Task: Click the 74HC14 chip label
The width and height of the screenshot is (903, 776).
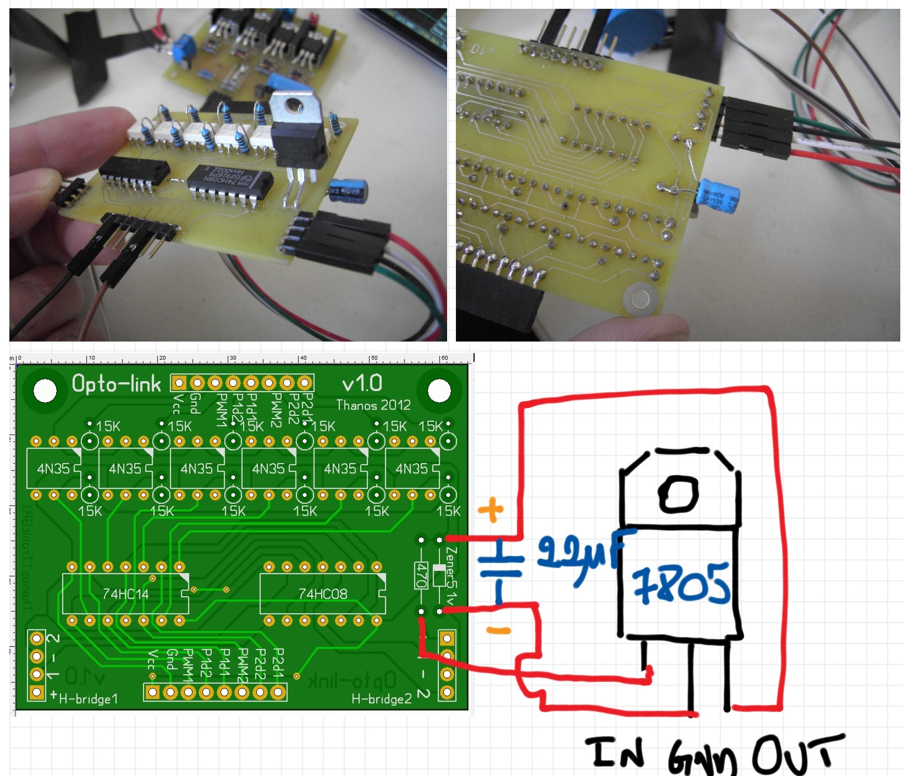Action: tap(125, 594)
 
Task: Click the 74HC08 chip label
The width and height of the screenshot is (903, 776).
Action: tap(323, 594)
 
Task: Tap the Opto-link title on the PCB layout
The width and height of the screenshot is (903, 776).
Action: tap(117, 383)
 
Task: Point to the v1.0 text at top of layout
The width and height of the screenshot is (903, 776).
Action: tap(362, 383)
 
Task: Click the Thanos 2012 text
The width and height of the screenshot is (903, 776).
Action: tap(373, 405)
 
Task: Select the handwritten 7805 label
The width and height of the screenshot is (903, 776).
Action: tap(681, 585)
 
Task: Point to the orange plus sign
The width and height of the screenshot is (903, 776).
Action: tap(491, 510)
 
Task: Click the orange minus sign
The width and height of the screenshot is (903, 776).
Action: tap(498, 630)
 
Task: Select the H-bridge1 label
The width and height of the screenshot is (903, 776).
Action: tap(88, 699)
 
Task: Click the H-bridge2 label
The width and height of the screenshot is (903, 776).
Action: tap(382, 699)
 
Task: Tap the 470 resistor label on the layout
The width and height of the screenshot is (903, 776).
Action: tap(422, 575)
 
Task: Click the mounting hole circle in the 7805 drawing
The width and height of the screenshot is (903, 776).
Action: tap(678, 493)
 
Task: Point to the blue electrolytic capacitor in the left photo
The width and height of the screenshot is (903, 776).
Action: tap(349, 190)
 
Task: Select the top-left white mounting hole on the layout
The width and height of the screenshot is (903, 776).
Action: tap(45, 391)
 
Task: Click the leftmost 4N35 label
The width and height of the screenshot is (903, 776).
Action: tap(53, 469)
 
